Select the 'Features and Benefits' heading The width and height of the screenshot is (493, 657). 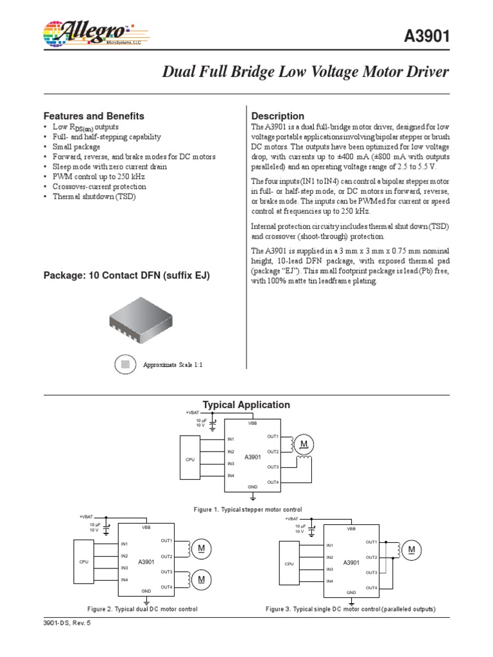pos(94,116)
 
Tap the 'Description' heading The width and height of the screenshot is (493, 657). pos(278,116)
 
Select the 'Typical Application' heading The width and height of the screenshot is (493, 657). pos(246,405)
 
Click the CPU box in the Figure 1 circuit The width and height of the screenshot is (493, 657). pos(191,459)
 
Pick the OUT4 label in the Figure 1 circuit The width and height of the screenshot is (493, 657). pos(273,481)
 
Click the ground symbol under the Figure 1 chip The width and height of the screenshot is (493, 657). pos(254,497)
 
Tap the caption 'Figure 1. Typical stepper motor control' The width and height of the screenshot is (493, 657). pos(248,509)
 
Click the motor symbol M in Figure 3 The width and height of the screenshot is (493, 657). pos(411,550)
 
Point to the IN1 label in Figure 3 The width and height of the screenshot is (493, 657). pos(329,545)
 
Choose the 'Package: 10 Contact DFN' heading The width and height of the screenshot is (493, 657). pos(126,276)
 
